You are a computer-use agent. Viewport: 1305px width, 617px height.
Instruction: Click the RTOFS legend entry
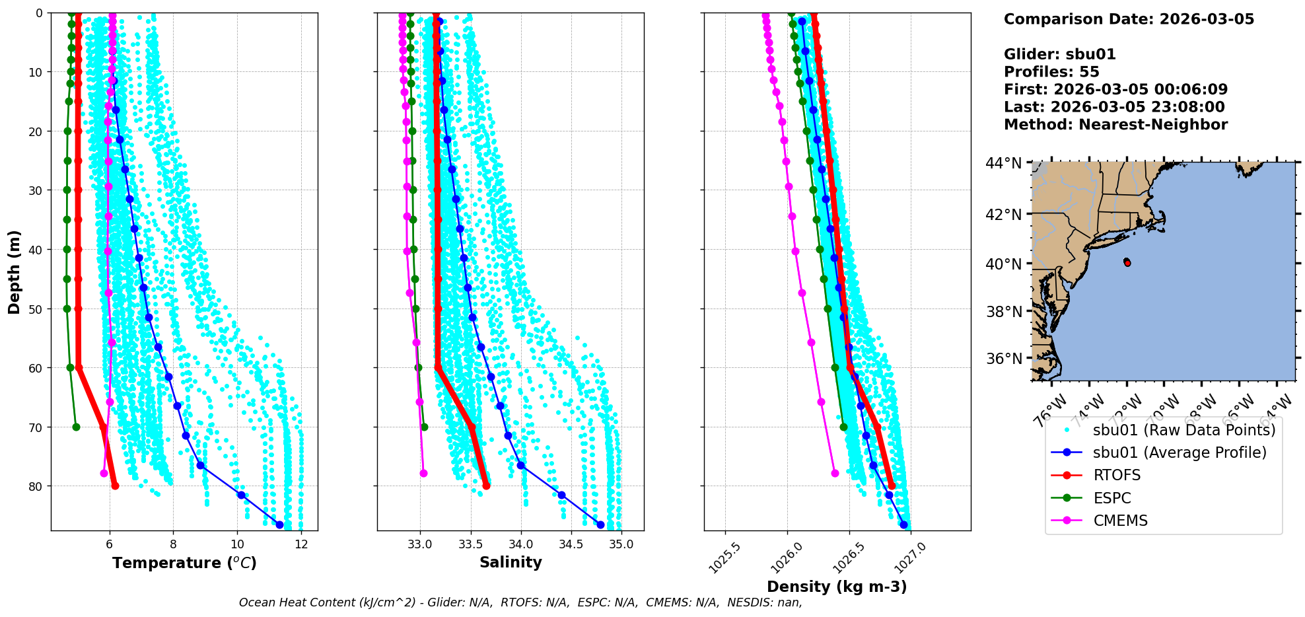(x=1117, y=476)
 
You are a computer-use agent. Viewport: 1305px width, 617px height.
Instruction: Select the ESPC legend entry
(x=1112, y=498)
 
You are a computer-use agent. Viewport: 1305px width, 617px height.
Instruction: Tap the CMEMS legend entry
(x=1120, y=521)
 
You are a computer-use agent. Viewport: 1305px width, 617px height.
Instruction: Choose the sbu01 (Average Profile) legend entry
(x=1180, y=453)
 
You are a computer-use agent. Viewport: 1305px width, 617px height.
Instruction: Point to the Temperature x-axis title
(x=184, y=563)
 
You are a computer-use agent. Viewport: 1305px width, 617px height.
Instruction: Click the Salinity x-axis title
(x=511, y=562)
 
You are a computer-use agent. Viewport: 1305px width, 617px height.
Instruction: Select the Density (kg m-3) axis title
(x=837, y=587)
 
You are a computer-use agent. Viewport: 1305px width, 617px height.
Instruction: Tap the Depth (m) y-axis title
(x=15, y=272)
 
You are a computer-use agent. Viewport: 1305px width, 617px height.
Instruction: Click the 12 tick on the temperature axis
(x=301, y=544)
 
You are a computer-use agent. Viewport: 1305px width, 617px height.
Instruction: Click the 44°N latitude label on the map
(x=1003, y=163)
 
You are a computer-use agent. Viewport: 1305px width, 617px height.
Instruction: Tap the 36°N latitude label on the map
(x=1003, y=359)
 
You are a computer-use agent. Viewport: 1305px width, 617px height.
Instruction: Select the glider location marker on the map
(x=1127, y=262)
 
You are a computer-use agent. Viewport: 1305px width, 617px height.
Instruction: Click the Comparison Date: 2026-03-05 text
(x=1129, y=19)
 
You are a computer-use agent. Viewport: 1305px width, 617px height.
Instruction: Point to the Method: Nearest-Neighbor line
(x=1115, y=125)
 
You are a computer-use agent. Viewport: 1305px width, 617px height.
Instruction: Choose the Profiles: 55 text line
(x=1051, y=72)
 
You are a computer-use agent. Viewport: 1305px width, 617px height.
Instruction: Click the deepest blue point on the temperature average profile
(x=279, y=525)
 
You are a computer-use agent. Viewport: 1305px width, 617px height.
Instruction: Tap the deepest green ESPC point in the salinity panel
(x=424, y=427)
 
